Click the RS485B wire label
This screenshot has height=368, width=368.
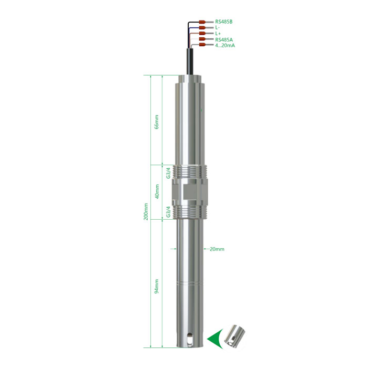click(223, 22)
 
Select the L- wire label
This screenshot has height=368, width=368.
click(217, 28)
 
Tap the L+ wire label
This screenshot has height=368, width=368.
click(218, 34)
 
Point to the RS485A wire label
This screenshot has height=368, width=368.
click(224, 39)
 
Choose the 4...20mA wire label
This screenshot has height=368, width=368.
click(225, 45)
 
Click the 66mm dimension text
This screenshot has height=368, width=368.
click(157, 122)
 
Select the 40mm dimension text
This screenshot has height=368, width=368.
click(157, 191)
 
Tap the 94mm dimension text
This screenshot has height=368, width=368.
click(157, 286)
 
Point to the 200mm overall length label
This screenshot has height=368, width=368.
click(146, 212)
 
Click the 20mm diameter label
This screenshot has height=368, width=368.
click(217, 249)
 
